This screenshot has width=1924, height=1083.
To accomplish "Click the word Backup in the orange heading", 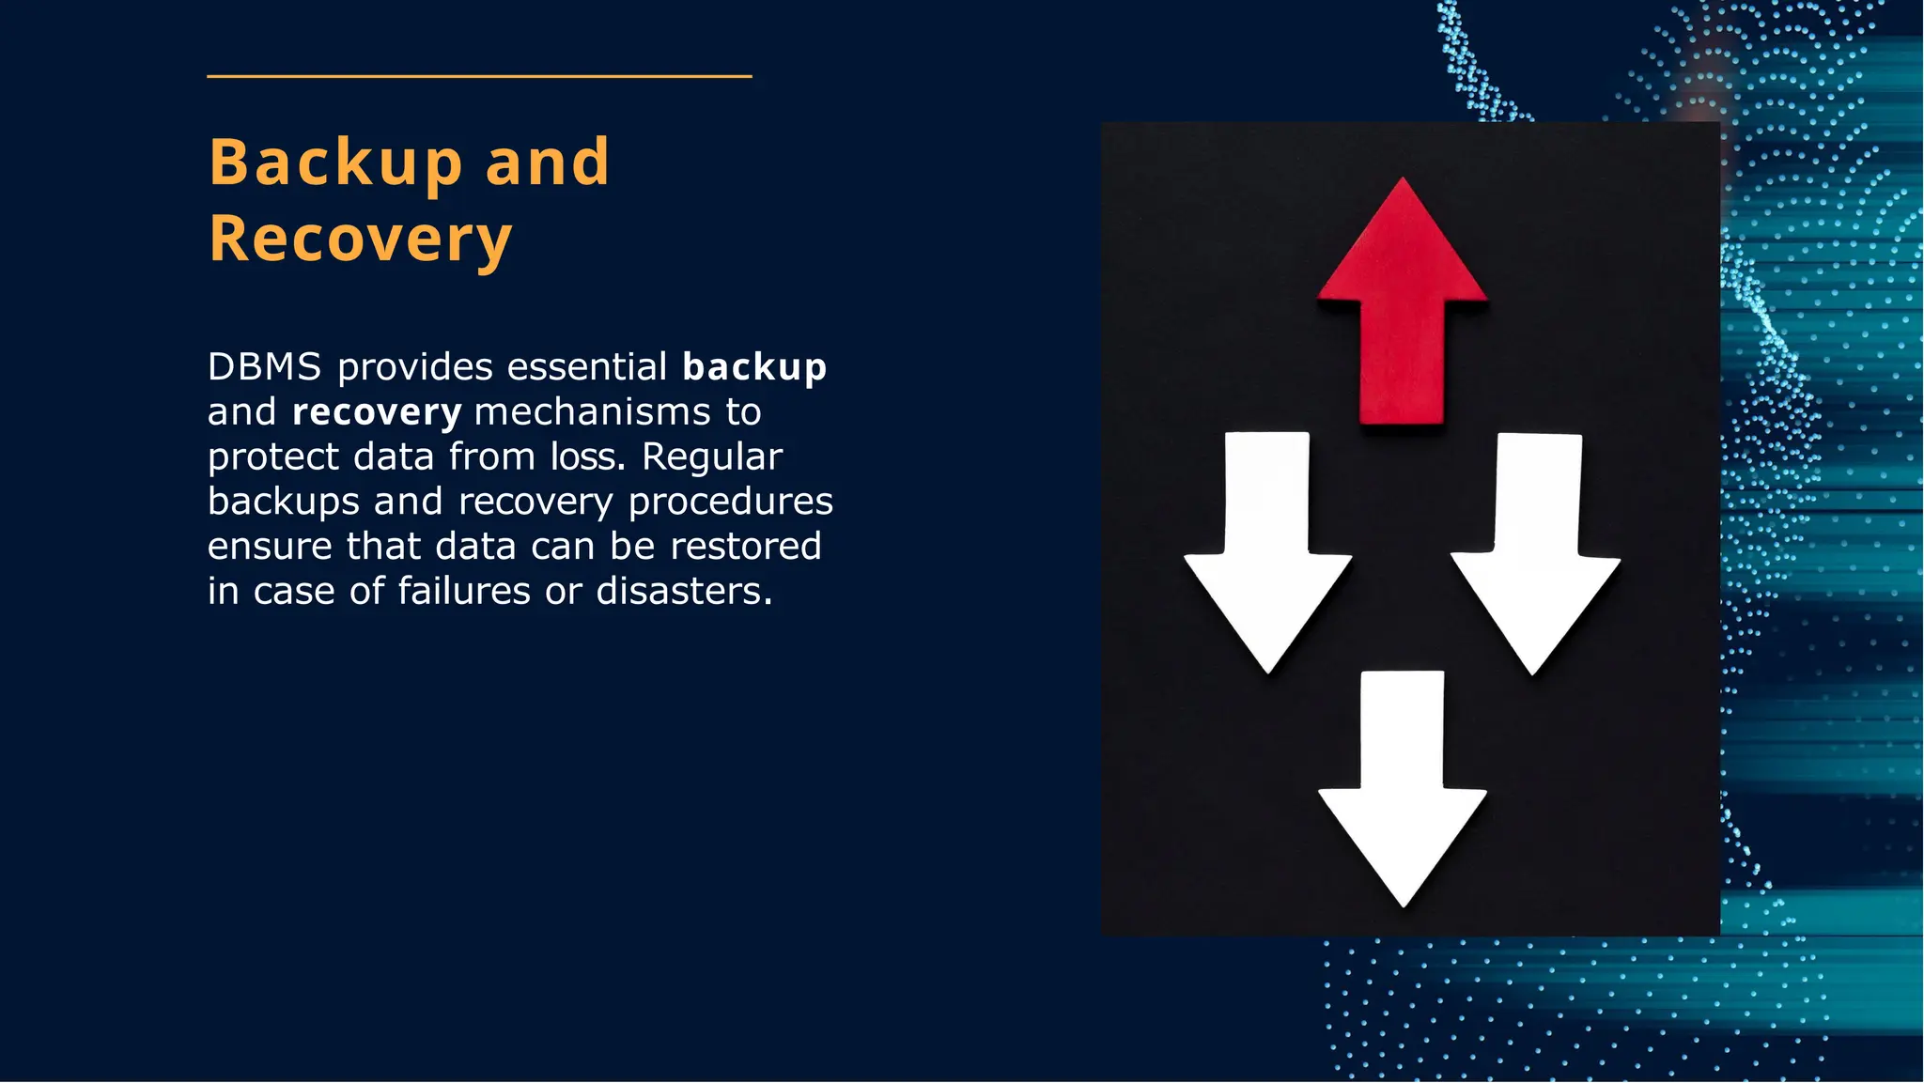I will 335,162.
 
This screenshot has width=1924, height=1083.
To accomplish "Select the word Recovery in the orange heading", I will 360,239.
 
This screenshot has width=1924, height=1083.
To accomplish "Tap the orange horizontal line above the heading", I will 479,76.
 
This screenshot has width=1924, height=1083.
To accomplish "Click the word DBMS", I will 265,366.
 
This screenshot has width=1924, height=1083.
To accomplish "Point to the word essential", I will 587,366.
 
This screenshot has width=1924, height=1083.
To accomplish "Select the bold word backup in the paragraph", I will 754,366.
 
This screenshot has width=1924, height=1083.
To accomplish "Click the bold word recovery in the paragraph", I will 377,411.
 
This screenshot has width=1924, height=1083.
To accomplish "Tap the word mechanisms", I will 593,411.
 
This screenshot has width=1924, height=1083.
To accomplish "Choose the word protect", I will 273,457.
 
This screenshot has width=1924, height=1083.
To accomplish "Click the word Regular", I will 712,457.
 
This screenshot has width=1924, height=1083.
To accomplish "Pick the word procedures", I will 731,502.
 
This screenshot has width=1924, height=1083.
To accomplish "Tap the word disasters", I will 684,592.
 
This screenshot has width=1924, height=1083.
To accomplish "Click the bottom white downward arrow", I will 1403,794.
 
